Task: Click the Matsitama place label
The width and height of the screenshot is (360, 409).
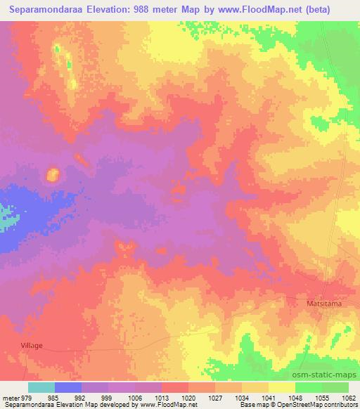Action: click(x=323, y=304)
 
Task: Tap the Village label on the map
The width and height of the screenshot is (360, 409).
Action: click(x=31, y=346)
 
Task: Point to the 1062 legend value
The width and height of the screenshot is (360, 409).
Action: click(x=349, y=398)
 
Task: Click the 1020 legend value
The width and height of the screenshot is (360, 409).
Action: click(x=188, y=398)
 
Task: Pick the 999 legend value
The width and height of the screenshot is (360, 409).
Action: click(x=108, y=398)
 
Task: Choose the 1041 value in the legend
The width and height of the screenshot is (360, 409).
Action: click(x=268, y=398)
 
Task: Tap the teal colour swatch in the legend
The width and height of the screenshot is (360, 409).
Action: click(x=41, y=387)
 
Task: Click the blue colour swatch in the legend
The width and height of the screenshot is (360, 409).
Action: click(x=68, y=387)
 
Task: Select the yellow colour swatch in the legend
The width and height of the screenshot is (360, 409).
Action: click(x=281, y=387)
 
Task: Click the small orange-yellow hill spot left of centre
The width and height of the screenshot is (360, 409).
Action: click(x=52, y=174)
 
